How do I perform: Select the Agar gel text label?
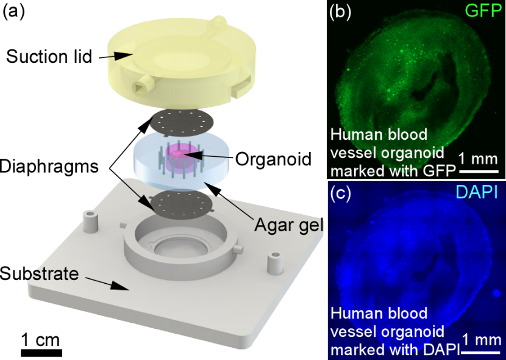(287, 225)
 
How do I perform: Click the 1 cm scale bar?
(41, 353)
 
